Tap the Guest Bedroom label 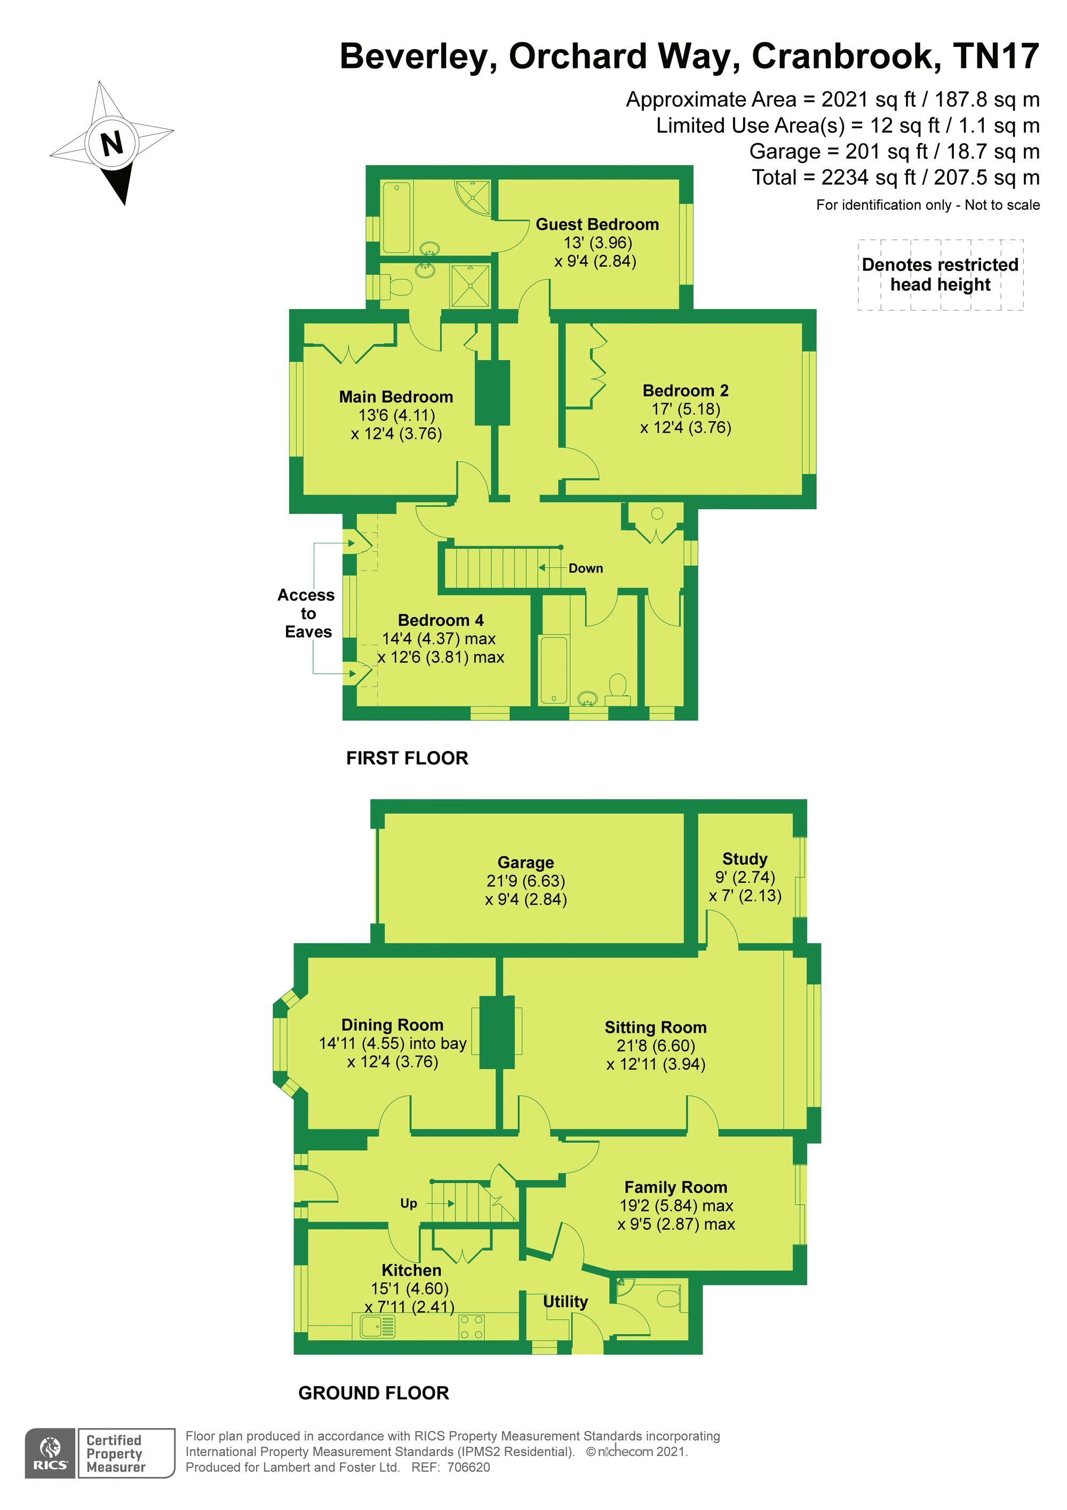point(597,224)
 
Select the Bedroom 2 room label point(686,391)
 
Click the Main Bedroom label point(396,397)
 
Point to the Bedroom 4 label point(441,620)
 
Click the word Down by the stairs point(586,568)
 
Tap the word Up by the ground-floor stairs point(408,1204)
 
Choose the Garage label point(525,862)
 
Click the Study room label point(745,859)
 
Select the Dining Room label point(393,1025)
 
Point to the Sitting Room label point(656,1027)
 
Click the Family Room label point(676,1187)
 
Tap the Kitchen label point(411,1270)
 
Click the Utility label point(566,1301)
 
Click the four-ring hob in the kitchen point(472,1326)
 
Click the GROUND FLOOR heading point(373,1393)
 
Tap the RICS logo point(51,1453)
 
